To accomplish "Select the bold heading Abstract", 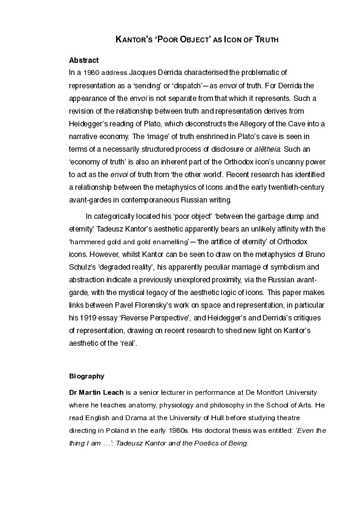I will [84, 60].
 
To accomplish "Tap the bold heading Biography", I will [87, 376].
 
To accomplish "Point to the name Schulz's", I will [85, 267].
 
